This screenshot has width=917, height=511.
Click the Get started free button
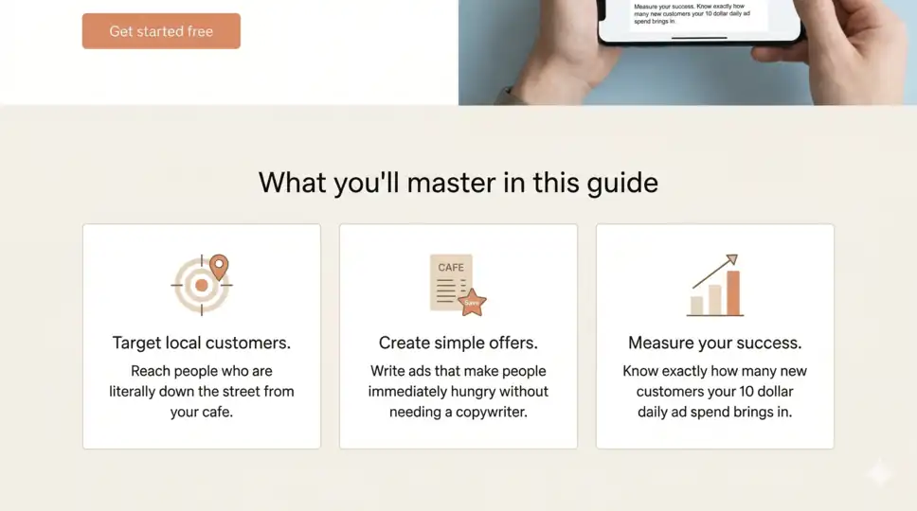161,31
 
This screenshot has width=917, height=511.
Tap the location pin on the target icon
219,266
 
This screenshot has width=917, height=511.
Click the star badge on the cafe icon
472,303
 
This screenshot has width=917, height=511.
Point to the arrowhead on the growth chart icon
731,258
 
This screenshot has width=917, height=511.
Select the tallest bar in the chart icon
733,293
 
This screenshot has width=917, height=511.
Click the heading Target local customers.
201,343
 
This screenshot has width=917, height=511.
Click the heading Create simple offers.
458,343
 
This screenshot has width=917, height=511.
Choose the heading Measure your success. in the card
714,343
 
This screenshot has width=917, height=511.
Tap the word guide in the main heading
621,182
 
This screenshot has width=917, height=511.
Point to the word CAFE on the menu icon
451,268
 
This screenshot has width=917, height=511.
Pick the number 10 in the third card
740,392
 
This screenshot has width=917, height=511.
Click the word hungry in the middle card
478,392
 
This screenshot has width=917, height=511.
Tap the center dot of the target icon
201,284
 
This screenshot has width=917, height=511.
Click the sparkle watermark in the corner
879,472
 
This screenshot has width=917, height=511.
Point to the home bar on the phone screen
699,38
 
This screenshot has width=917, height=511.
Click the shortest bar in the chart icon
696,305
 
